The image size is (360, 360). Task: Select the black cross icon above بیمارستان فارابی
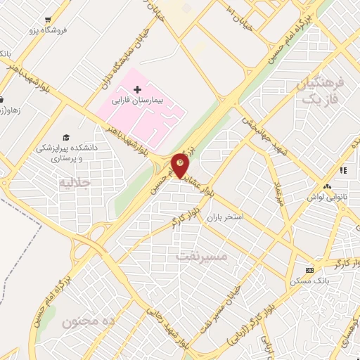137,89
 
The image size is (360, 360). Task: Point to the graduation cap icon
66,137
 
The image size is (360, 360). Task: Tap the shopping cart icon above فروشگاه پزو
47,20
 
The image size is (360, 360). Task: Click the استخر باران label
224,217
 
